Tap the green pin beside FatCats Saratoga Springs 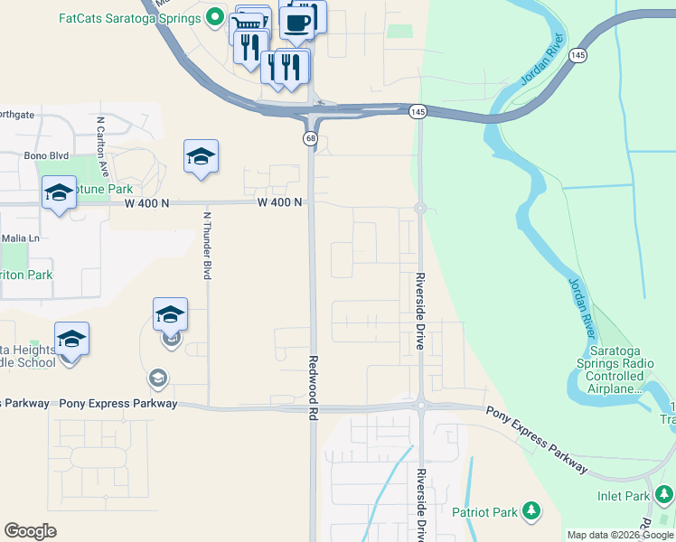[215, 16]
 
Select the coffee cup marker [296, 20]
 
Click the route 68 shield [310, 138]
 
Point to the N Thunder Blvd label [207, 245]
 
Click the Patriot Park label [485, 512]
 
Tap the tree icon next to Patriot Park [532, 512]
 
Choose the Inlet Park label [624, 496]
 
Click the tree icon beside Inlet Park [664, 494]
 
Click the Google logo [30, 531]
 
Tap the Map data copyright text [620, 535]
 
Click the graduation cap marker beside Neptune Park [59, 192]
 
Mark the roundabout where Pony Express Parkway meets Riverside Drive [420, 406]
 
